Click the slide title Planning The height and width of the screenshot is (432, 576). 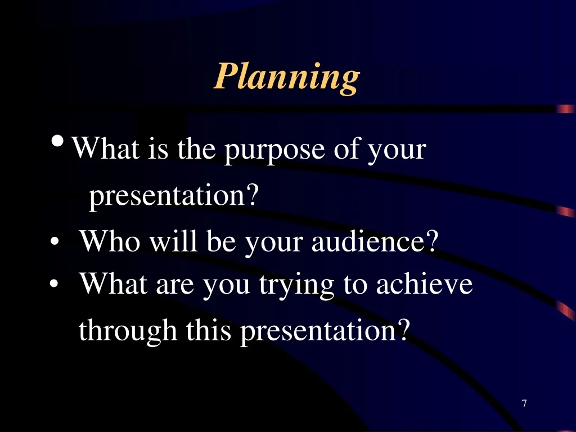coord(287,78)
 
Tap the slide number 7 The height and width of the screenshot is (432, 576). coord(524,403)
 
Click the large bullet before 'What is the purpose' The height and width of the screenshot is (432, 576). coord(58,141)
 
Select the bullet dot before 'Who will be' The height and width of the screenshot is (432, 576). coord(55,242)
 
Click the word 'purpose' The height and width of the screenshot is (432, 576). coord(274,151)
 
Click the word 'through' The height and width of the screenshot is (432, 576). coord(128,331)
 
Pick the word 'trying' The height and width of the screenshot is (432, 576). coord(296,286)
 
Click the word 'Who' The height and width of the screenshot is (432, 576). coord(110,241)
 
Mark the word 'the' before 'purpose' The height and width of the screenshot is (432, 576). coord(196,148)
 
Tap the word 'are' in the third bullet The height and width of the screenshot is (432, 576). coord(175,286)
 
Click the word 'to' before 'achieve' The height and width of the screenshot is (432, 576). coord(355,285)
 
